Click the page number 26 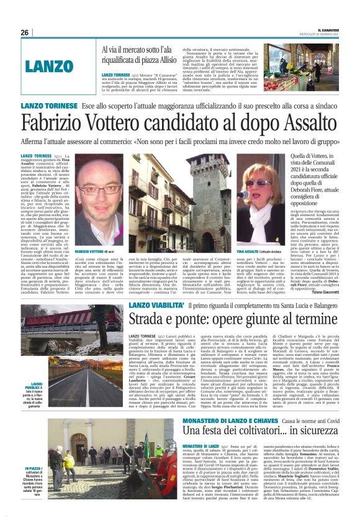point(24,32)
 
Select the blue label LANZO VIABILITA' point(155,306)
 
